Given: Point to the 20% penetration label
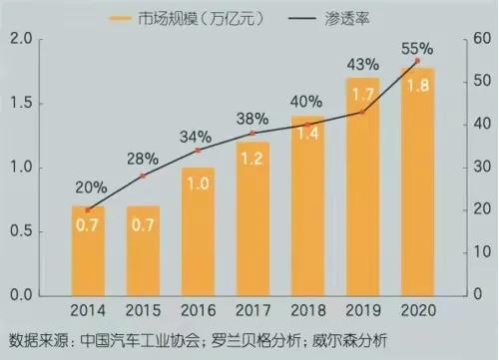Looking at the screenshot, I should pyautogui.click(x=88, y=186).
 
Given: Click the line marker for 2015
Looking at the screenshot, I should pyautogui.click(x=143, y=176).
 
